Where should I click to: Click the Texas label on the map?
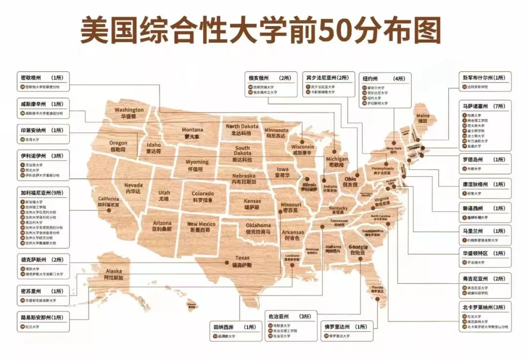point(242,261)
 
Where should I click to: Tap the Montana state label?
point(192,133)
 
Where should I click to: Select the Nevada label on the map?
point(133,188)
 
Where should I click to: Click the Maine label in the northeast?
point(423,118)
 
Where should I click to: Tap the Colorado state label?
point(202,197)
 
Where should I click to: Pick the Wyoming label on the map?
point(197,165)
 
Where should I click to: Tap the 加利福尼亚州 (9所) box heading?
point(45,192)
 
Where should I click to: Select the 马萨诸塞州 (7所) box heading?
point(485,106)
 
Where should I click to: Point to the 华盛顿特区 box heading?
point(484,253)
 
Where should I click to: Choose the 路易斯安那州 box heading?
point(42,317)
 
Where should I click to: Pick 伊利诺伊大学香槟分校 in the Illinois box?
point(43,175)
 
